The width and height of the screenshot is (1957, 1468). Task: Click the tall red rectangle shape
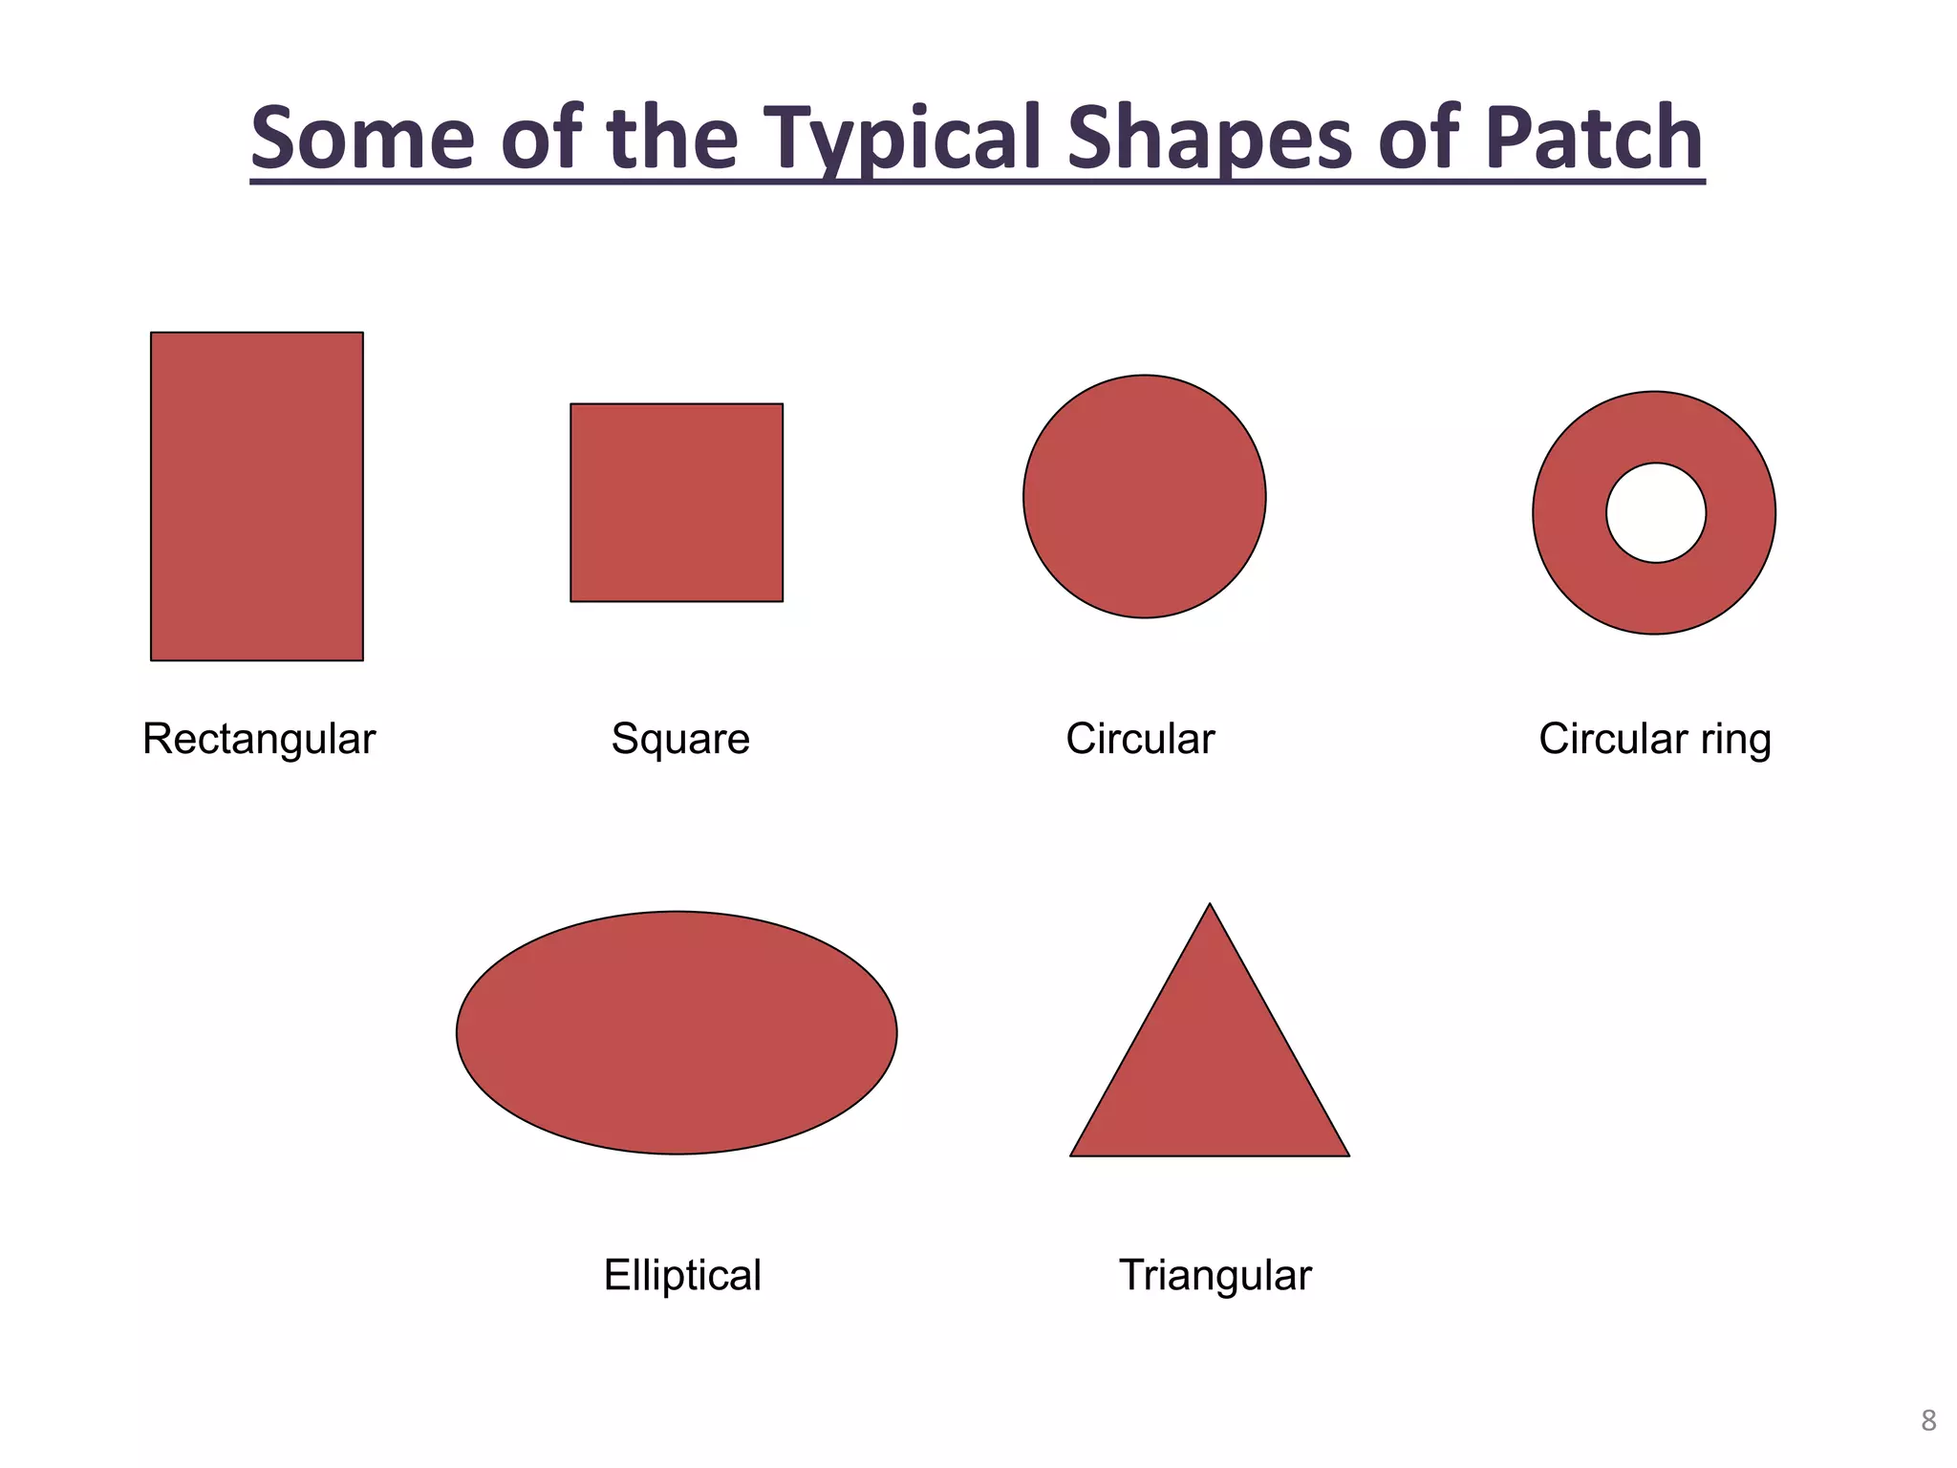[257, 496]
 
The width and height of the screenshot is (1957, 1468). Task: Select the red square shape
[677, 503]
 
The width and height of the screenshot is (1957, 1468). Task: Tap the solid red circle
[1144, 496]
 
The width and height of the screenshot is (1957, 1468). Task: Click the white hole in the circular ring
[1656, 513]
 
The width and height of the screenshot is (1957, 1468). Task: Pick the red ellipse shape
[677, 1033]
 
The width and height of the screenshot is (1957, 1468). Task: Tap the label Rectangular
[259, 739]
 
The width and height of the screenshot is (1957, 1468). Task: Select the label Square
[680, 739]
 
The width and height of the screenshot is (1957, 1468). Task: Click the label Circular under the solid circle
[1140, 739]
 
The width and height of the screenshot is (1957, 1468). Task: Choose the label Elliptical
[682, 1275]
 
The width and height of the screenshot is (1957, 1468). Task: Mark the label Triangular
[1215, 1275]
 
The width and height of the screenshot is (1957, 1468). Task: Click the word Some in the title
[362, 138]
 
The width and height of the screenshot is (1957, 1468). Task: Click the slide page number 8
[1928, 1420]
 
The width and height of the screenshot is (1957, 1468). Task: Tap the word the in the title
[672, 138]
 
